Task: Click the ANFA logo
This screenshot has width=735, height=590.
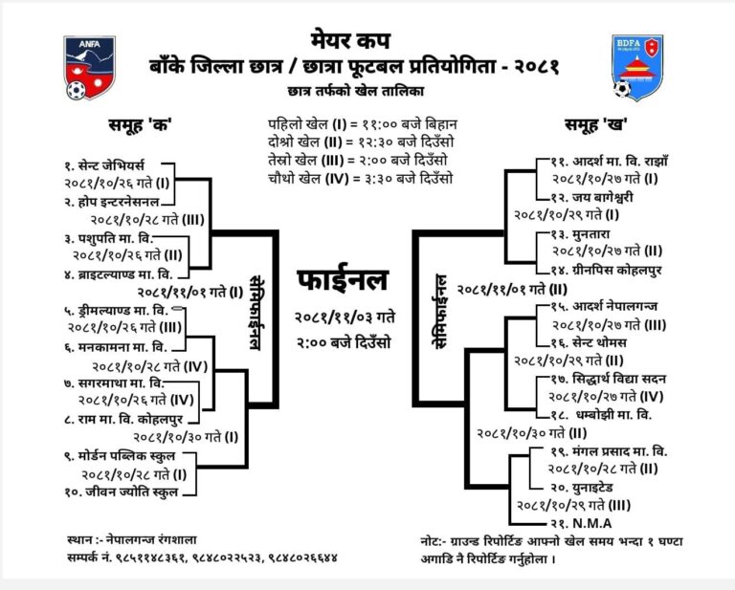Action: pyautogui.click(x=90, y=68)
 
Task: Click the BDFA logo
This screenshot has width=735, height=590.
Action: pyautogui.click(x=637, y=68)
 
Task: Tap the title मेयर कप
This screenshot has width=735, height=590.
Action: pyautogui.click(x=350, y=40)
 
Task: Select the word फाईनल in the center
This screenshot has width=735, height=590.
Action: pyautogui.click(x=344, y=280)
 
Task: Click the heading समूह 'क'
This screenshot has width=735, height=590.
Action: pyautogui.click(x=140, y=125)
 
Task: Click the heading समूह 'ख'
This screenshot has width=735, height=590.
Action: pyautogui.click(x=596, y=124)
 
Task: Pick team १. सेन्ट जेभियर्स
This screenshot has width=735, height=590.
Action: pyautogui.click(x=104, y=165)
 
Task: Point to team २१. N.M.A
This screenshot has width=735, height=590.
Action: pyautogui.click(x=581, y=523)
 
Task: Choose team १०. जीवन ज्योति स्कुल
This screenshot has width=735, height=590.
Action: pyautogui.click(x=122, y=492)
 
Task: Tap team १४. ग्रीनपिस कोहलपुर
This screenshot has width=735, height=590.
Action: pyautogui.click(x=606, y=271)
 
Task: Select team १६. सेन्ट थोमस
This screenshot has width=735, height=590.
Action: pyautogui.click(x=589, y=342)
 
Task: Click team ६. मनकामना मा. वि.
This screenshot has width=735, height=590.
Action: pyautogui.click(x=115, y=347)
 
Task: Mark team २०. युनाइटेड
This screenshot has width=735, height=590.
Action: pyautogui.click(x=582, y=488)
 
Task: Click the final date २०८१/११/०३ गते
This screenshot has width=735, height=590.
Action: pyautogui.click(x=345, y=317)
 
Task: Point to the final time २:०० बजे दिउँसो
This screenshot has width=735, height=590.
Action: pyautogui.click(x=344, y=342)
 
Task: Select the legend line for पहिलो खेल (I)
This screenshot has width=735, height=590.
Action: pyautogui.click(x=363, y=124)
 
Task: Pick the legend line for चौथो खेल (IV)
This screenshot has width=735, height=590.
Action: pyautogui.click(x=361, y=179)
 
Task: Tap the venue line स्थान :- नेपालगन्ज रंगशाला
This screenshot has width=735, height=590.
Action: pyautogui.click(x=132, y=540)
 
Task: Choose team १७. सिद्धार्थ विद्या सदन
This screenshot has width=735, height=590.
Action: pyautogui.click(x=609, y=379)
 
